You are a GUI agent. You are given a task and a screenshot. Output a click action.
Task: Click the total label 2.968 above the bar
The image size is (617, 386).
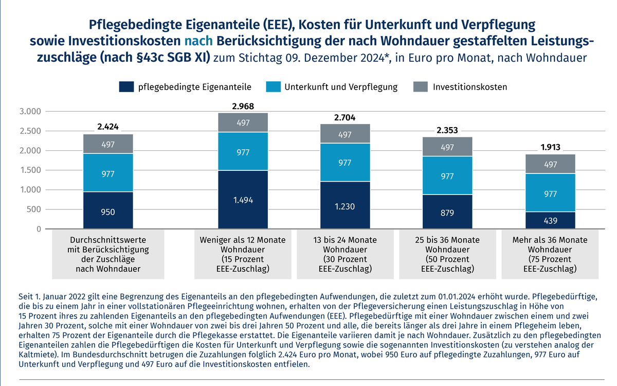pyautogui.click(x=242, y=107)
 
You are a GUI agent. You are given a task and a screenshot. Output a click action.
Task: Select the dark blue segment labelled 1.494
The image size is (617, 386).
pyautogui.click(x=242, y=200)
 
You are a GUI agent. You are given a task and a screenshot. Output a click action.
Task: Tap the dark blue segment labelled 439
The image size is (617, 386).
pyautogui.click(x=550, y=220)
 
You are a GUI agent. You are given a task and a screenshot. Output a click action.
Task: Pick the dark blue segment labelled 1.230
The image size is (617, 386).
pyautogui.click(x=344, y=205)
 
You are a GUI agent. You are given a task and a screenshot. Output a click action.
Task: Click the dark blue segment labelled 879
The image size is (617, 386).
pyautogui.click(x=447, y=212)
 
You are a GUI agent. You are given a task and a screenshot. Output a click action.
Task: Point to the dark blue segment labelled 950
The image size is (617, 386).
pyautogui.click(x=108, y=210)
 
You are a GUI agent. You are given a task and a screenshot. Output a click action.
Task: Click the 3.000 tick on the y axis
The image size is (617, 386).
pyautogui.click(x=30, y=112)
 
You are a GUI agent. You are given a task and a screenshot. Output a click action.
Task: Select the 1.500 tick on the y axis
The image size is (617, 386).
pyautogui.click(x=30, y=170)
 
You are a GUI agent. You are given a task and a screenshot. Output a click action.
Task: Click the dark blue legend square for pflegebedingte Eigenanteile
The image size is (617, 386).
pyautogui.click(x=126, y=86)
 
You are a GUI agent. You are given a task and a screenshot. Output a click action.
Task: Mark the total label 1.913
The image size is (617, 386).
pyautogui.click(x=550, y=148)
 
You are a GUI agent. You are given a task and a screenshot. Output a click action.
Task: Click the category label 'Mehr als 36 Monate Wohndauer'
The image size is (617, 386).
pyautogui.click(x=550, y=245)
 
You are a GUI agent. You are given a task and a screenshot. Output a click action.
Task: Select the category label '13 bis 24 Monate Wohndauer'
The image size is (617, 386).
pyautogui.click(x=344, y=245)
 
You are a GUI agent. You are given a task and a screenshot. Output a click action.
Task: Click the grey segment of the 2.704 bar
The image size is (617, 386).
pyautogui.click(x=344, y=134)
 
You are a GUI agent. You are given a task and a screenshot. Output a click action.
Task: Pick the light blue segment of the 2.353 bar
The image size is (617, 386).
pyautogui.click(x=447, y=176)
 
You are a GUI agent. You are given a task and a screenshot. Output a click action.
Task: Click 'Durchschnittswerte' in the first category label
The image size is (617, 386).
pyautogui.click(x=108, y=240)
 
